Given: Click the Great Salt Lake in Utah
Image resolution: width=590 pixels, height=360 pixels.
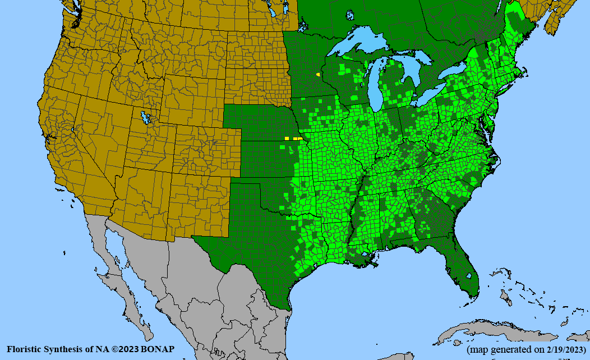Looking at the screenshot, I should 146,118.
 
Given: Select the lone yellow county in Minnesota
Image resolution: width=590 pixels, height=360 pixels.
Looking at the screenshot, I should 319,73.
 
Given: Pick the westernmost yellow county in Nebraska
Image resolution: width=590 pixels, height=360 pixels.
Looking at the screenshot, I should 287,138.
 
